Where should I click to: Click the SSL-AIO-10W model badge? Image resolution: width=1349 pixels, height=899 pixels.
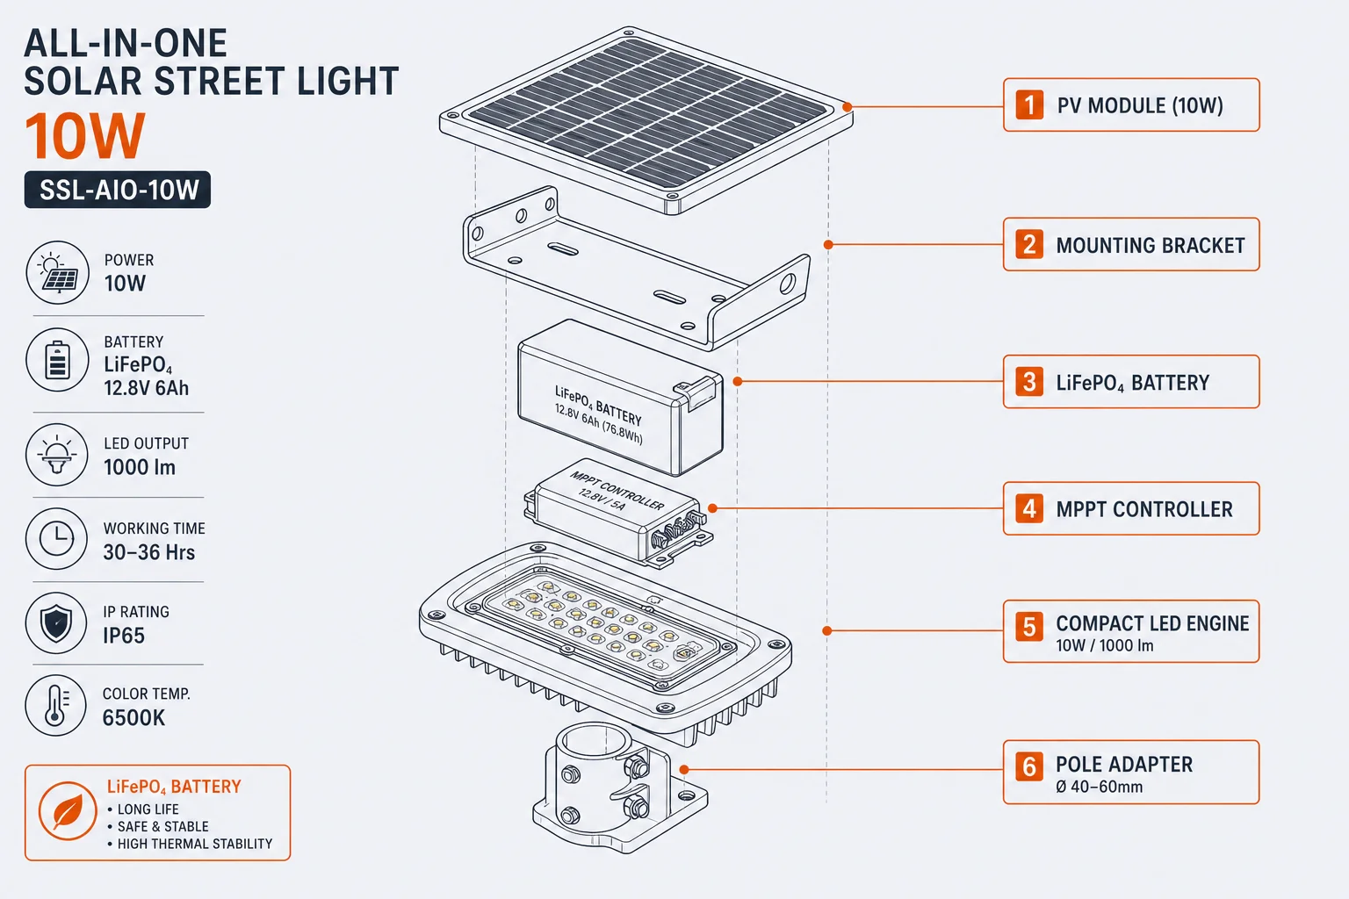118,190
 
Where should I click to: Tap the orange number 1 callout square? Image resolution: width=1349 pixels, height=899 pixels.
1029,104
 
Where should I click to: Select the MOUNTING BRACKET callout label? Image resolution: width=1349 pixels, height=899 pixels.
1131,244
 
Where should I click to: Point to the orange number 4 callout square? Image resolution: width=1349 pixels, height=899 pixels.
1029,509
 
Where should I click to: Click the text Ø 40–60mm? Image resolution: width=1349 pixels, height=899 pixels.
1099,787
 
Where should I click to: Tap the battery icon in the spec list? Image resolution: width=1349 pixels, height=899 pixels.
57,360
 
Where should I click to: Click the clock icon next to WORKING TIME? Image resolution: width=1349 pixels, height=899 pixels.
56,537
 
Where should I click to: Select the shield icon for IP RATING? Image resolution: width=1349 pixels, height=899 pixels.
56,622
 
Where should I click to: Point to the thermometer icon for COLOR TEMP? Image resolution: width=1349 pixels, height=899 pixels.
56,705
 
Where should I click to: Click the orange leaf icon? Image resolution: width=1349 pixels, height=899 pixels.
68,811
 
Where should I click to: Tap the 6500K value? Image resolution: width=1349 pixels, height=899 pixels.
133,718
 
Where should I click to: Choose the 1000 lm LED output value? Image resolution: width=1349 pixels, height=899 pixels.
139,467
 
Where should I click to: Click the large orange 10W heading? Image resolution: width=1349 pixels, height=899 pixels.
85,136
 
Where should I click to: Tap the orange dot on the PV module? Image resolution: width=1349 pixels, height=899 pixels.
848,107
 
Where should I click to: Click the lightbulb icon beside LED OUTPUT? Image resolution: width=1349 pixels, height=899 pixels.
56,455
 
